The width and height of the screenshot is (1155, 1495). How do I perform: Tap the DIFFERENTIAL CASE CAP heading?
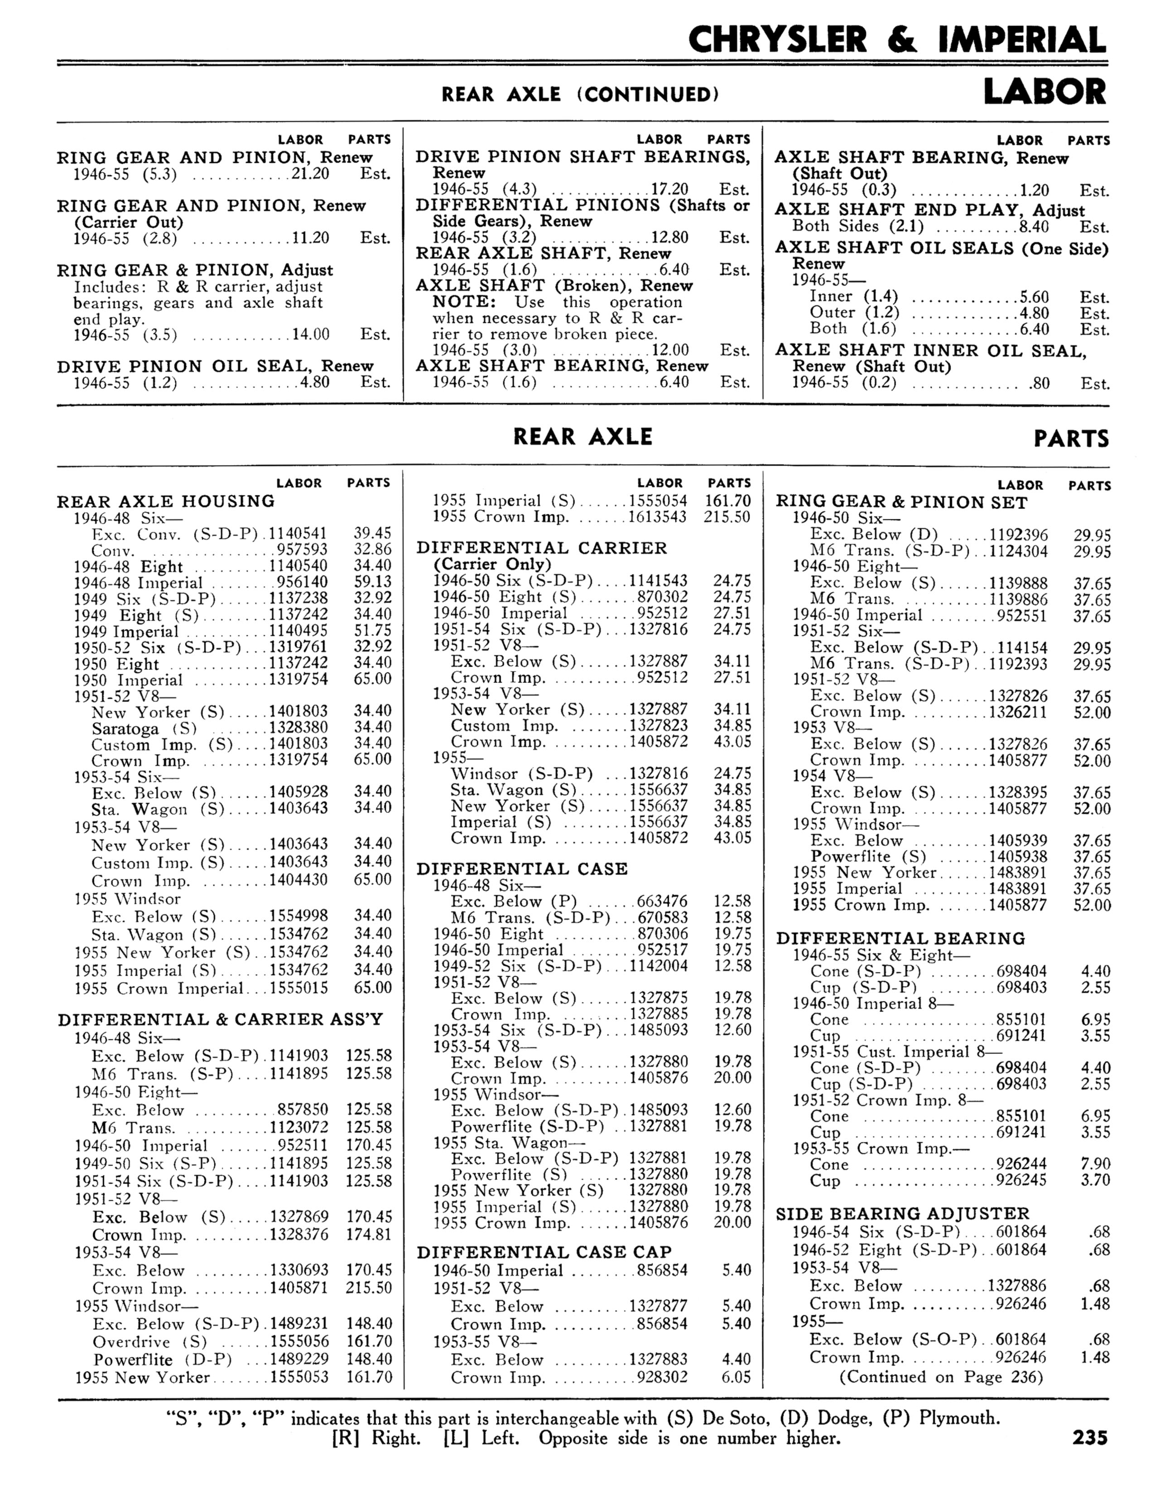click(544, 1252)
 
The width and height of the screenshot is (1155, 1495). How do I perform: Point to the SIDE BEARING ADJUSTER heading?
click(902, 1214)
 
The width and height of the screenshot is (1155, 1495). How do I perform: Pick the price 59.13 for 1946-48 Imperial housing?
click(372, 583)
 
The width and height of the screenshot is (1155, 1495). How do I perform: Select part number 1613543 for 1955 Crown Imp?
click(658, 517)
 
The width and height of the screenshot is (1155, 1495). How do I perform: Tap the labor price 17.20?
click(669, 189)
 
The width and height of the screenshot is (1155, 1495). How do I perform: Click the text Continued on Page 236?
click(941, 1377)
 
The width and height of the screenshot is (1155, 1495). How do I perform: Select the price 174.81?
click(368, 1235)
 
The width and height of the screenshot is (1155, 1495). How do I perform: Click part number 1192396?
click(1018, 535)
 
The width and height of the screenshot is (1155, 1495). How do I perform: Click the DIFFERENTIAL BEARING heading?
click(900, 939)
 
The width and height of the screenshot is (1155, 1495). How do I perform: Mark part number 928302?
click(662, 1377)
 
